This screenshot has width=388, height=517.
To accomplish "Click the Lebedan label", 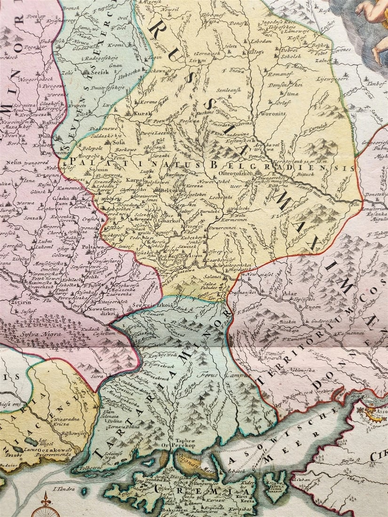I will tap(262, 41).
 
